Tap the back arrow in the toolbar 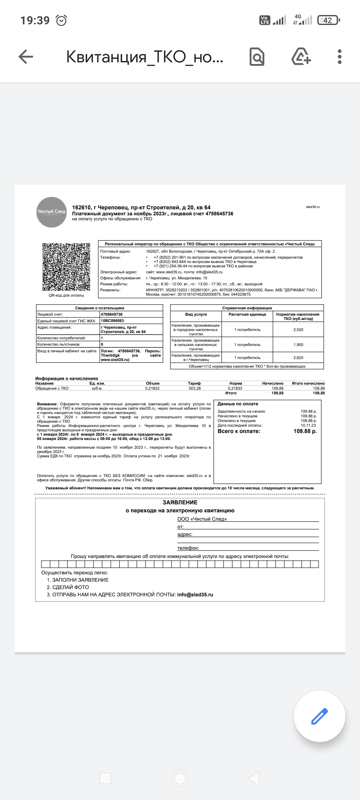tap(26, 57)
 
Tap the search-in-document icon tap(257, 57)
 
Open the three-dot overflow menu tap(340, 57)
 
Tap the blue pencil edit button tap(319, 716)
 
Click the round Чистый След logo tap(51, 212)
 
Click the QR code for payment tap(66, 267)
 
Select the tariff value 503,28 tap(194, 388)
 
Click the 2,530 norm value tap(298, 330)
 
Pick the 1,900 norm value tap(298, 345)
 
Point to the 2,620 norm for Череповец tap(298, 358)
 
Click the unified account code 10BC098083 tap(112, 321)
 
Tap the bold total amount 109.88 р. tap(305, 431)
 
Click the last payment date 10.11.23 tap(308, 425)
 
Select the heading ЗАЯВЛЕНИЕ tap(180, 502)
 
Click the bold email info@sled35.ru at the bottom tap(195, 595)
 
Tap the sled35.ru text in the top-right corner tap(313, 207)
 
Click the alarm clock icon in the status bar tap(61, 21)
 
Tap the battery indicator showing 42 tap(328, 20)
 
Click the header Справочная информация tap(247, 308)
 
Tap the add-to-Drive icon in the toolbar tap(301, 57)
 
